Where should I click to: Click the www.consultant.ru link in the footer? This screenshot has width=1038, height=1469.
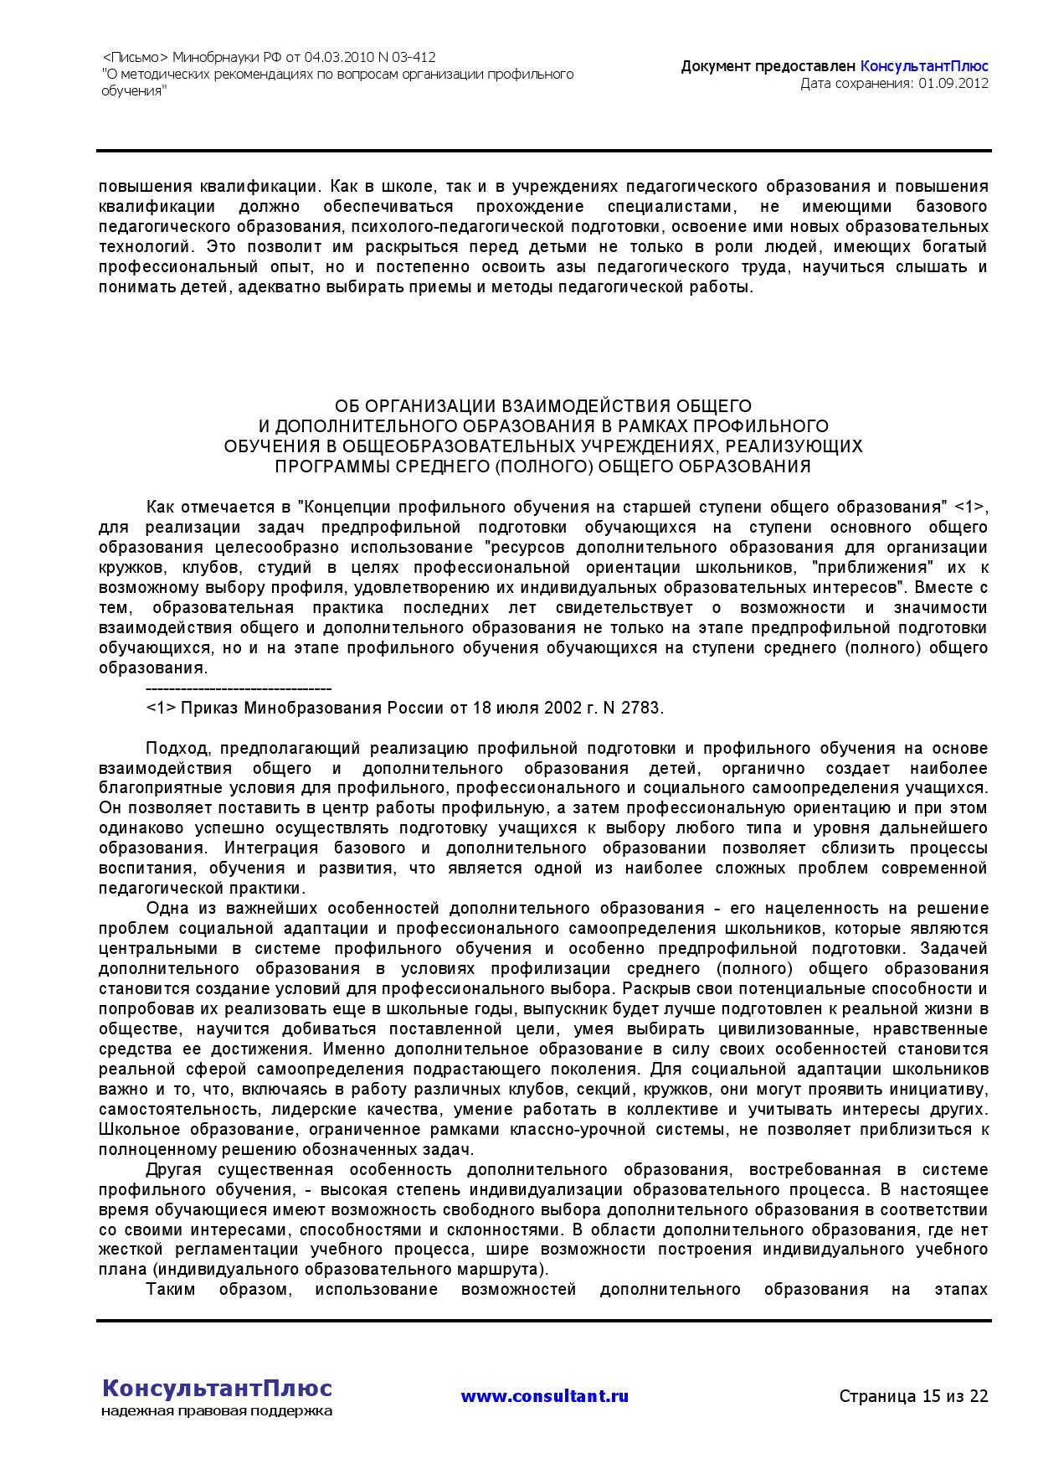pyautogui.click(x=544, y=1396)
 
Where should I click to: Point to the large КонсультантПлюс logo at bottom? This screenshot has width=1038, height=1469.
pyautogui.click(x=217, y=1388)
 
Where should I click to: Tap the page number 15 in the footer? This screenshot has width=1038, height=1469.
pyautogui.click(x=931, y=1396)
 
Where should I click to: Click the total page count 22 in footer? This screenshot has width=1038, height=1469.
pyautogui.click(x=979, y=1396)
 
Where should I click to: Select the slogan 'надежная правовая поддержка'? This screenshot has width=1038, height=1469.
pyautogui.click(x=217, y=1411)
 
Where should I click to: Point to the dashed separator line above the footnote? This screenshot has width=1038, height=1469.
pyautogui.click(x=239, y=688)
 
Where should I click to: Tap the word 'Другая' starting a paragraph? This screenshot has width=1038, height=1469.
pyautogui.click(x=173, y=1169)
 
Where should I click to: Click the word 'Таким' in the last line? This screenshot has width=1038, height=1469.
pyautogui.click(x=171, y=1290)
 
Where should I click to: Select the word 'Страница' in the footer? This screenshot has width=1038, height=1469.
pyautogui.click(x=877, y=1396)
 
